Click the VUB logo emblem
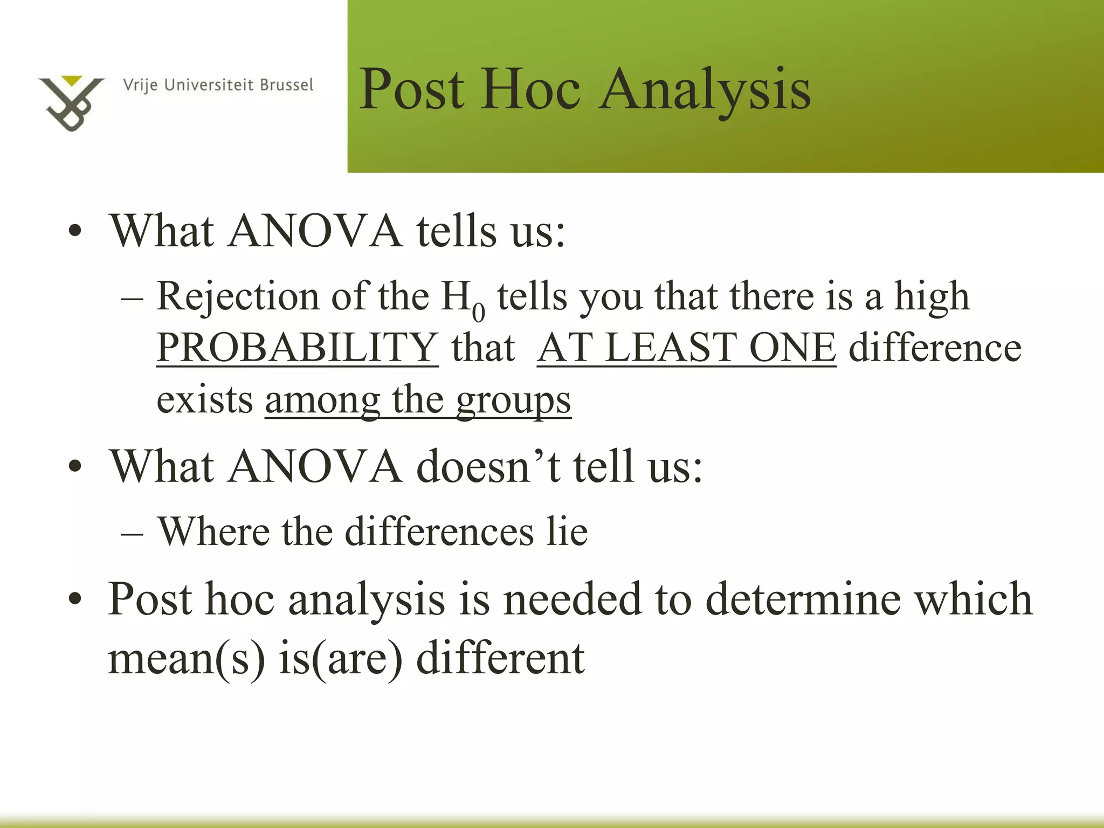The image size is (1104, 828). [x=71, y=103]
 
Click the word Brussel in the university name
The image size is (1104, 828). [x=286, y=85]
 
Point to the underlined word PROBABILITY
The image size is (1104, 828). [x=297, y=348]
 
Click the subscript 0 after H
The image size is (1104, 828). [x=478, y=312]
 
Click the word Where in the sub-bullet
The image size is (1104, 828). [x=213, y=532]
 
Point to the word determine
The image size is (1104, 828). [x=803, y=599]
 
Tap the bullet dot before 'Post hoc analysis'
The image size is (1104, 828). [x=75, y=599]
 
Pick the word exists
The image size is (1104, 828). [x=205, y=400]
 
